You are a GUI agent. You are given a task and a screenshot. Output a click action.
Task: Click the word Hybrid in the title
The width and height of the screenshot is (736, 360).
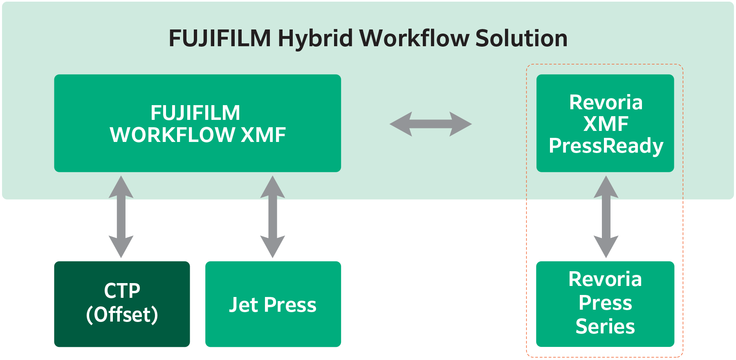[315, 39]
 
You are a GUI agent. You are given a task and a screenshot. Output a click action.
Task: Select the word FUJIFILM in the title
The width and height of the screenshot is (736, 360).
[220, 39]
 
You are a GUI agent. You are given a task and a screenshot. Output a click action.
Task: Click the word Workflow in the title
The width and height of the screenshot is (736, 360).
[414, 39]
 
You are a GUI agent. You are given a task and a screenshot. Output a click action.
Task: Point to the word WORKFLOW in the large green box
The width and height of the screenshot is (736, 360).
[172, 135]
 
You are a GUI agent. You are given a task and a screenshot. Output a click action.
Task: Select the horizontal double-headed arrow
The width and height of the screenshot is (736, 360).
[431, 124]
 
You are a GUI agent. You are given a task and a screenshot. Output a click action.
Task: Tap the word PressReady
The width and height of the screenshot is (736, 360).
[606, 146]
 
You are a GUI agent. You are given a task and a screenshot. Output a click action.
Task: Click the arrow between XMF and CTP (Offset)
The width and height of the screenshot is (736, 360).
[121, 217]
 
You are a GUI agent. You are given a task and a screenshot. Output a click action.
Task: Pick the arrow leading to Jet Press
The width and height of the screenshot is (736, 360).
[273, 217]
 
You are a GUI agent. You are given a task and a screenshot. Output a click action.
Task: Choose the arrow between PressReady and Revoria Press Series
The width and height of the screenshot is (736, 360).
[606, 217]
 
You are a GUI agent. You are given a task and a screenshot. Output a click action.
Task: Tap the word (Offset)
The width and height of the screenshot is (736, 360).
[122, 315]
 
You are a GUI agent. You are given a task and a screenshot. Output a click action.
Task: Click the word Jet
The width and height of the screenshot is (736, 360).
[243, 305]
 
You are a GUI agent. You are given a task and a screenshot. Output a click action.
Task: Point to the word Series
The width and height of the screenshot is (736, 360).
[605, 326]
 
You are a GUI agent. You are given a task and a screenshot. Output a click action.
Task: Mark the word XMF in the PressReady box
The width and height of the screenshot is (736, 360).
[606, 124]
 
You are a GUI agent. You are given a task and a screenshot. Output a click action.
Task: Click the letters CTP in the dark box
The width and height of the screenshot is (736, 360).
[122, 291]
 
